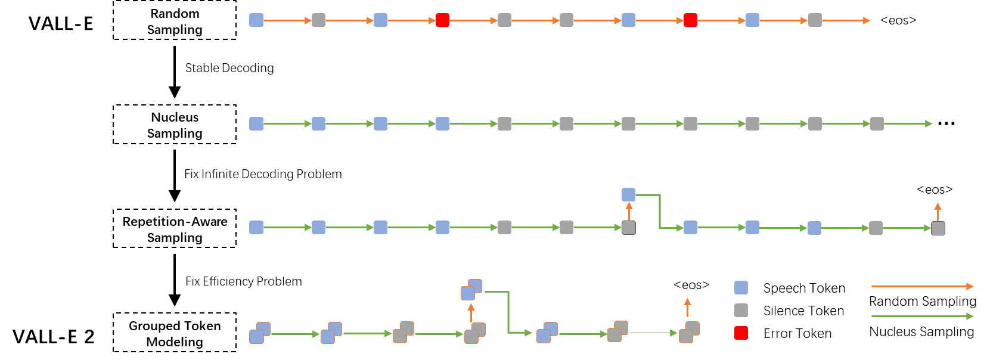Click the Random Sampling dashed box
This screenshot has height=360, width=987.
[175, 21]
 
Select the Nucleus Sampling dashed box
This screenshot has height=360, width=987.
[175, 125]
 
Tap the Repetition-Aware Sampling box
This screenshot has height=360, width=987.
[175, 229]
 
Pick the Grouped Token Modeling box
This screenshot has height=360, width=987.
[175, 333]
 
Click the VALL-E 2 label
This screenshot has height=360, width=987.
[54, 337]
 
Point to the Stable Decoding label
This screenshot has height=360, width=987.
[229, 68]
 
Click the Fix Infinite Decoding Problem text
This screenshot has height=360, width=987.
[263, 174]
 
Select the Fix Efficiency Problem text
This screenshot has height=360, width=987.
[243, 281]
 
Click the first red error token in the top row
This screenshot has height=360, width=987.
[442, 20]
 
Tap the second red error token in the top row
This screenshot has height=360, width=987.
[690, 20]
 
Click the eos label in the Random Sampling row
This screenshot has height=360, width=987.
[898, 20]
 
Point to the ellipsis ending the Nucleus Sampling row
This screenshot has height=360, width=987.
[946, 123]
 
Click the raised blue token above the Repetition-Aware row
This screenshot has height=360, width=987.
[628, 194]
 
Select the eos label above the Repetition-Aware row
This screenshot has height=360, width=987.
[935, 190]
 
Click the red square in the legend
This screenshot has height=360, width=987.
[741, 333]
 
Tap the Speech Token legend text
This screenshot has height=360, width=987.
[804, 288]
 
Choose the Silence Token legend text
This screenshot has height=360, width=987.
[803, 311]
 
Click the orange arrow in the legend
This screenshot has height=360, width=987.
[922, 287]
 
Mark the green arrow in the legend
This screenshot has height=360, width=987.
[922, 316]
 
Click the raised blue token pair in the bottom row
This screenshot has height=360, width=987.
[471, 290]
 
